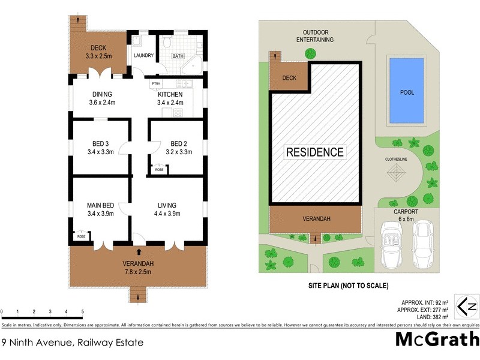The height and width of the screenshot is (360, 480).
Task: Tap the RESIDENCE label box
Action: (x=314, y=152)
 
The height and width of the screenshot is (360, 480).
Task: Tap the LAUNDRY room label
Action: (x=143, y=56)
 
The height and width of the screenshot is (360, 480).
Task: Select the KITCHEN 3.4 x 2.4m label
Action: (x=171, y=98)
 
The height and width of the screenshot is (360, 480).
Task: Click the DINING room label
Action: (x=102, y=98)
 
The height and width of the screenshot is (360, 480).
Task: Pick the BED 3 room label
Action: (x=100, y=148)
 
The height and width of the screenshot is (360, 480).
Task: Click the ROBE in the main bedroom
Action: (x=80, y=236)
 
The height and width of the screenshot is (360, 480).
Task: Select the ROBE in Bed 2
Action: (x=159, y=170)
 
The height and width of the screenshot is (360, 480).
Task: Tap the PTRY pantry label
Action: (x=155, y=83)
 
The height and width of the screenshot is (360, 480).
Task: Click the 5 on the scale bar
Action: (x=82, y=311)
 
